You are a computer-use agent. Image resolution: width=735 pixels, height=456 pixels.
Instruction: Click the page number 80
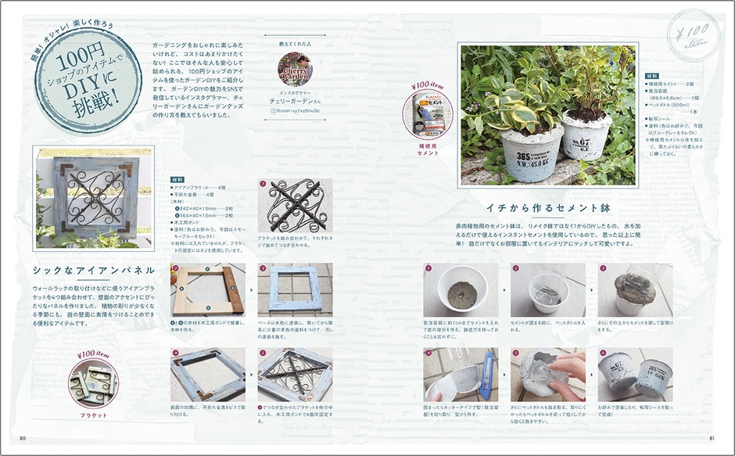(23, 437)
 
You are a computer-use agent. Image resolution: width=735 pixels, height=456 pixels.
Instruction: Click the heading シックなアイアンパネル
(93, 271)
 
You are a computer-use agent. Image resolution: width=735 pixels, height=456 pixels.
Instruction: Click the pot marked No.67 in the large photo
(587, 137)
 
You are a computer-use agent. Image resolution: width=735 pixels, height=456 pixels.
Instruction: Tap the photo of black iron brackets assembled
(295, 206)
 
